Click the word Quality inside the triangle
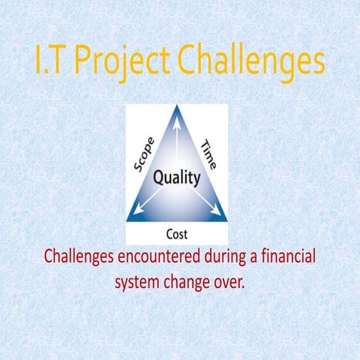coord(177,178)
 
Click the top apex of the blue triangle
coord(177,107)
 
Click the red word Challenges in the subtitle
coord(80,257)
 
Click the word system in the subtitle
coord(137,283)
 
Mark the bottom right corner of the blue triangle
coord(226,219)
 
